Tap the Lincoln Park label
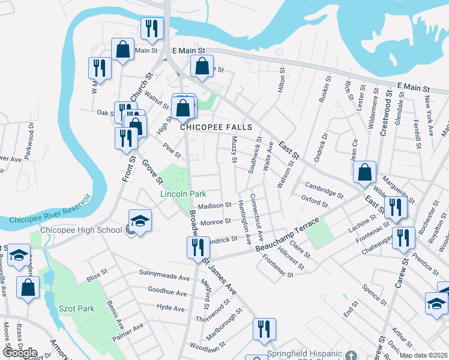(183, 194)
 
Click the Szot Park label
(76, 308)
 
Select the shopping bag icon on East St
(364, 172)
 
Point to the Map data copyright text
(423, 355)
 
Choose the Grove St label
(152, 171)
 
